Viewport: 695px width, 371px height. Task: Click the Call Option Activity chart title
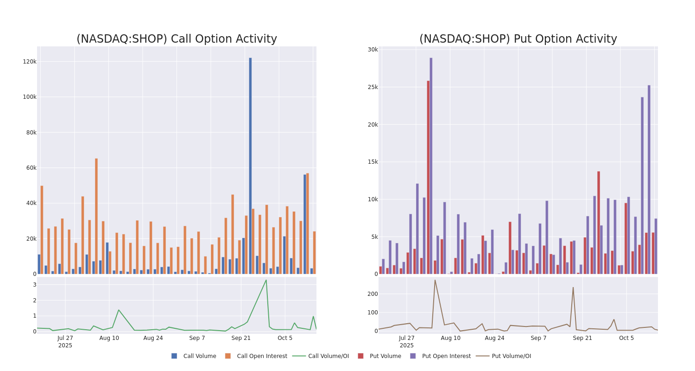177,39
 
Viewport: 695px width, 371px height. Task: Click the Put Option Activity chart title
518,39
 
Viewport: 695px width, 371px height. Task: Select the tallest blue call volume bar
250,166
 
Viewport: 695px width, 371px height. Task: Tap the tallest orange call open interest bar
96,216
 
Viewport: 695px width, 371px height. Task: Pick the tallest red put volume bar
428,177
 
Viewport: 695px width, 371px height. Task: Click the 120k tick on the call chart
30,62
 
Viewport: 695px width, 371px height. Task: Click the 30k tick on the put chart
373,50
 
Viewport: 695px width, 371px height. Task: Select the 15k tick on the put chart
373,162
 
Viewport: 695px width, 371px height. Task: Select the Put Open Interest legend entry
446,356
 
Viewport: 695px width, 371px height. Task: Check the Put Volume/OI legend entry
511,356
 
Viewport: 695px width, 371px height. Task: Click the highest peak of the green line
266,280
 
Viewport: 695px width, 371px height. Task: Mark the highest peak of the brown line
435,280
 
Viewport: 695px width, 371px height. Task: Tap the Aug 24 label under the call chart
153,338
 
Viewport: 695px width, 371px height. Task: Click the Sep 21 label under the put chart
582,338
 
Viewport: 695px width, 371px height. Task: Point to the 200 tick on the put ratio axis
373,294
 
